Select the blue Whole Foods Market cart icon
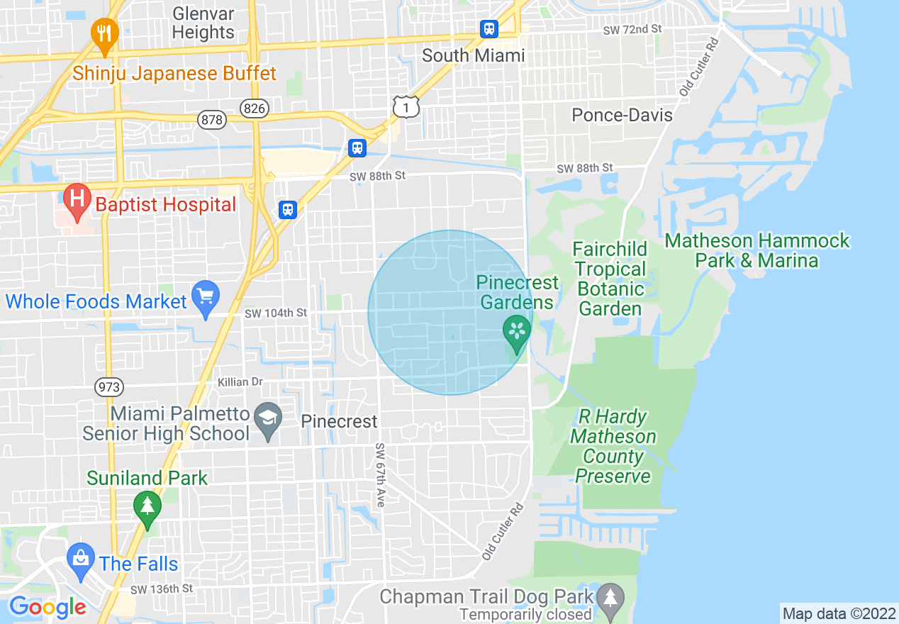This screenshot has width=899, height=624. (205, 299)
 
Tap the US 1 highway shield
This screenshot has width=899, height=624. (406, 106)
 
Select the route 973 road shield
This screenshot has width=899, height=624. (109, 387)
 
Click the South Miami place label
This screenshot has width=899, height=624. (473, 55)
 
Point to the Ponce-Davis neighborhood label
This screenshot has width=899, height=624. (622, 114)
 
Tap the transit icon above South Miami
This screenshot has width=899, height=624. (488, 29)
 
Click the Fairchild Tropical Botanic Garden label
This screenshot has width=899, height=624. (610, 279)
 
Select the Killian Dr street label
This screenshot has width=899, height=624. (240, 382)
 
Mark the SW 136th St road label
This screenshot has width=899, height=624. (161, 589)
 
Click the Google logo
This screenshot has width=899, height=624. (48, 607)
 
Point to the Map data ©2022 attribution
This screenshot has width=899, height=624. (838, 613)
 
